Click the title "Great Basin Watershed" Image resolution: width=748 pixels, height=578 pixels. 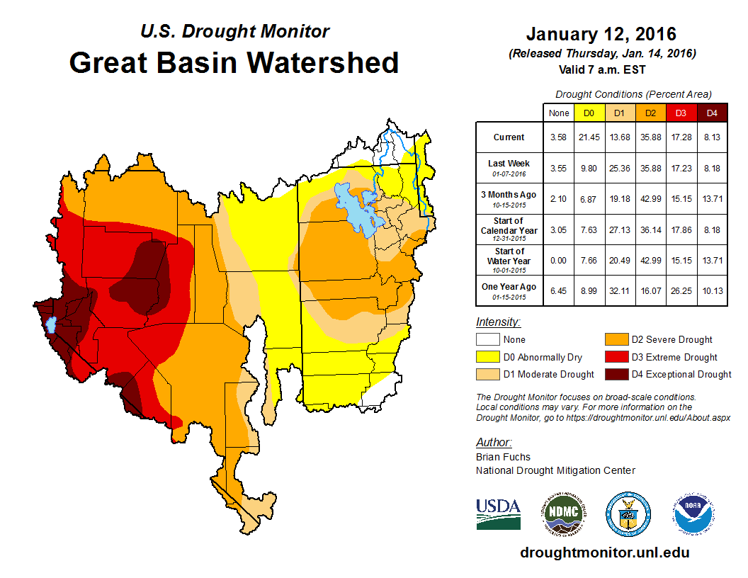click(x=234, y=63)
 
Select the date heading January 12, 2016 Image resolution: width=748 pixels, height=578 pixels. click(x=601, y=34)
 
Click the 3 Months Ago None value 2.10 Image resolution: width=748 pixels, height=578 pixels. click(x=558, y=195)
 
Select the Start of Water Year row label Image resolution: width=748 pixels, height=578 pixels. click(x=509, y=256)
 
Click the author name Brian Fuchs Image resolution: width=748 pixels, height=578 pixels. click(x=503, y=457)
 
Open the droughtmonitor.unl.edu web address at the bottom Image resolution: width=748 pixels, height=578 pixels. click(x=604, y=552)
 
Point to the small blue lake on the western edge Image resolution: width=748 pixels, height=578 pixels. click(x=50, y=325)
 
